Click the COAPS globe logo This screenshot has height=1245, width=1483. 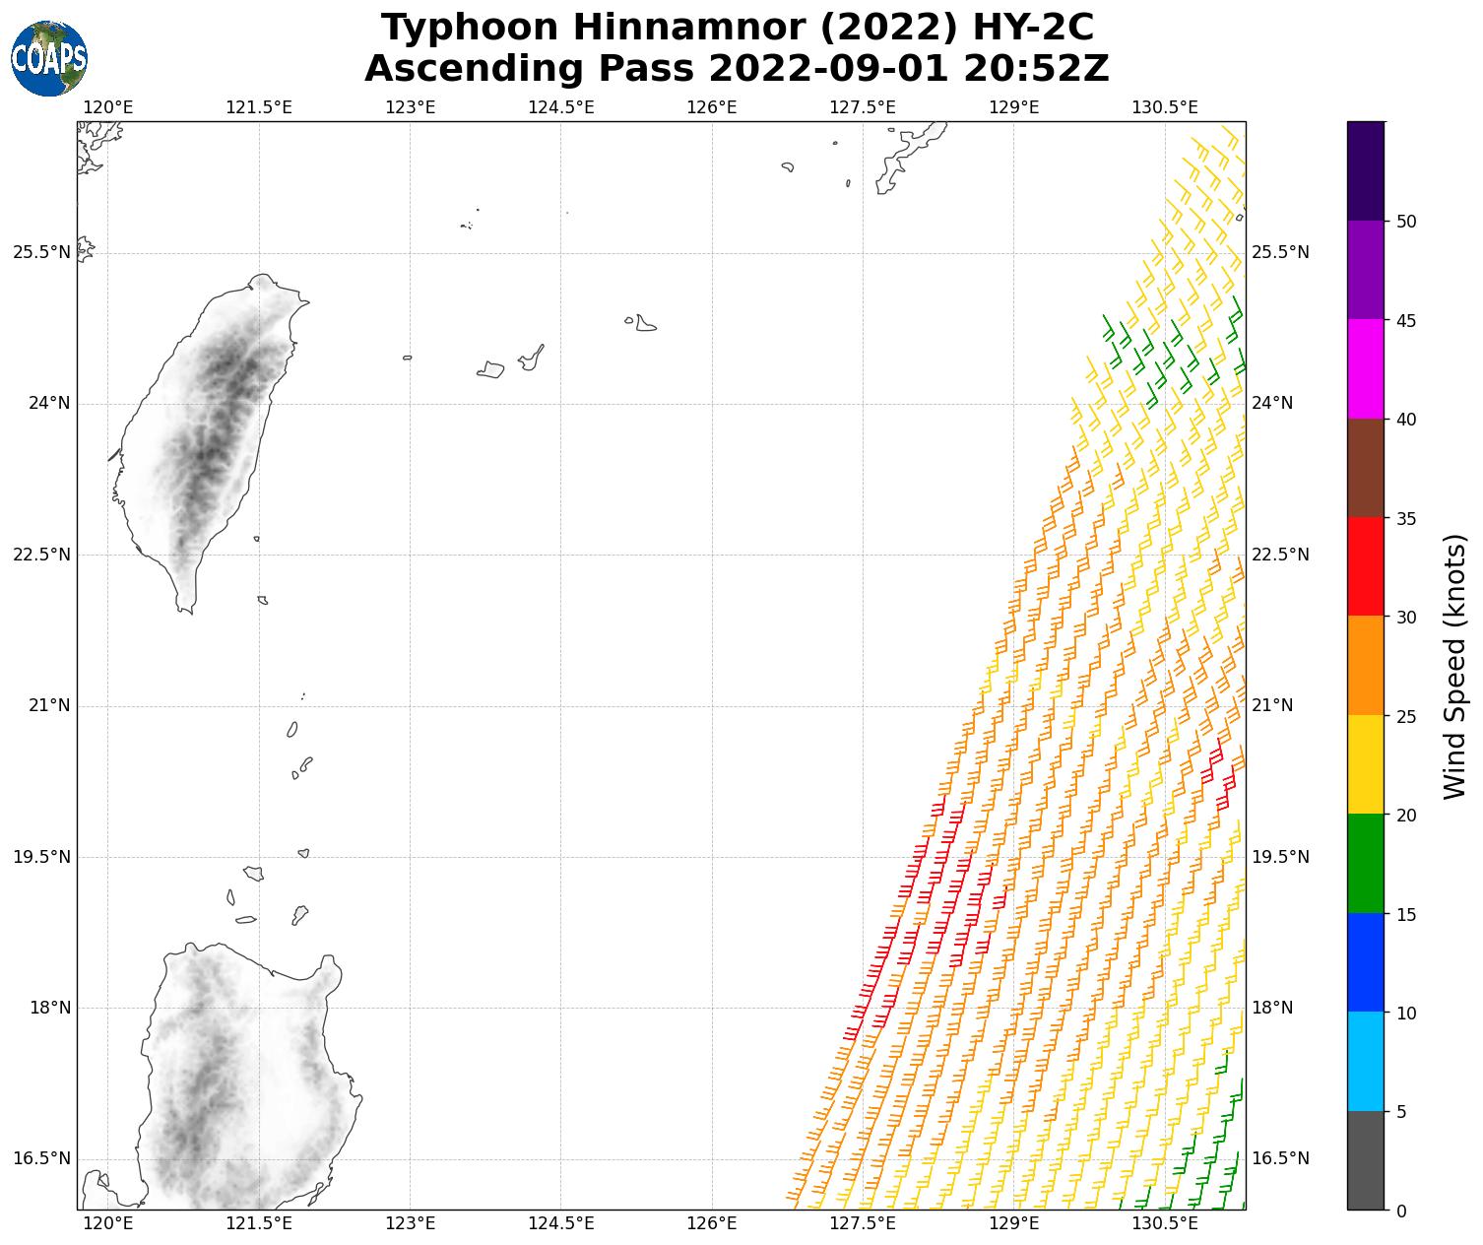point(49,58)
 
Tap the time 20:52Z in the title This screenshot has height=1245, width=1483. point(1037,70)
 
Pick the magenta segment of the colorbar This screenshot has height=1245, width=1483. point(1366,369)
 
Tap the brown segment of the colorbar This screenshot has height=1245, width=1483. point(1366,468)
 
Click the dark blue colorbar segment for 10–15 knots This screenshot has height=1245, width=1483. point(1366,962)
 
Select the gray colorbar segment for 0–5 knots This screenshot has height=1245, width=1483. point(1366,1160)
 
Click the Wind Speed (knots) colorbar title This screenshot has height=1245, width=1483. point(1454,666)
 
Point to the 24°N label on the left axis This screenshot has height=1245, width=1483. point(41,404)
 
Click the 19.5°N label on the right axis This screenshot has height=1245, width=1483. point(1280,857)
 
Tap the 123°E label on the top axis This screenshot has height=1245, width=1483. point(410,107)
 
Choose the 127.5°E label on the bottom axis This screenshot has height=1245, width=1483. point(863,1224)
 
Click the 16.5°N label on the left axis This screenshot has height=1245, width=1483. point(41,1158)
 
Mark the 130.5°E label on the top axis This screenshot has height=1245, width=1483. point(1165,107)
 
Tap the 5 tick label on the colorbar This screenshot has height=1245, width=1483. point(1401,1112)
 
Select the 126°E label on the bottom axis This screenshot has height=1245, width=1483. point(712,1224)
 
